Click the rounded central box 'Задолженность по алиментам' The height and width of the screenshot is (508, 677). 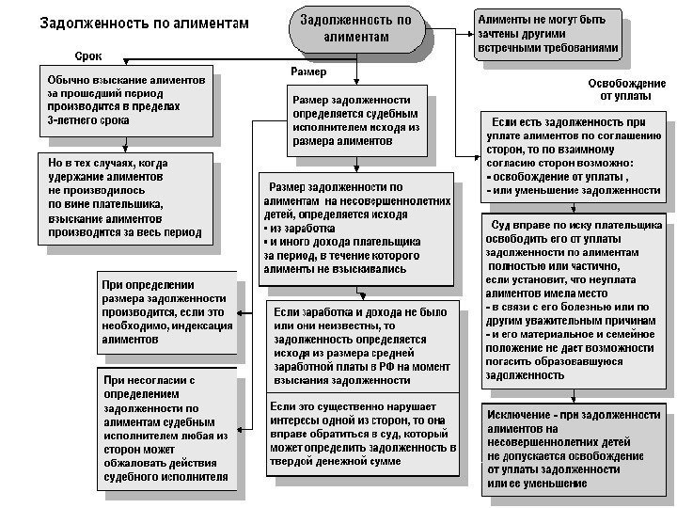point(355,29)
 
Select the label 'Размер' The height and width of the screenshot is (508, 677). point(310,72)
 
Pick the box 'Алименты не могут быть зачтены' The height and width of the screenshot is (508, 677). point(549,32)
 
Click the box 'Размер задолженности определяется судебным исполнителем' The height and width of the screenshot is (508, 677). point(356,119)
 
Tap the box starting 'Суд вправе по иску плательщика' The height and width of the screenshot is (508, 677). point(575,300)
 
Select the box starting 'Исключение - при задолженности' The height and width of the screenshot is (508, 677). point(575,449)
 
